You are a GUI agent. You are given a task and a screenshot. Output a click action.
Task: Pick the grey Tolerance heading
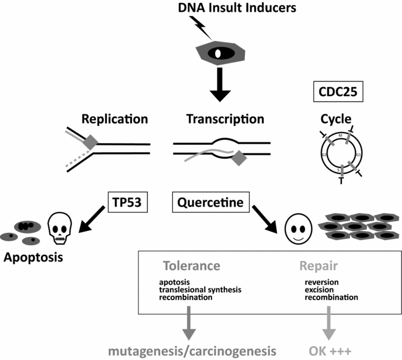pyautogui.click(x=191, y=266)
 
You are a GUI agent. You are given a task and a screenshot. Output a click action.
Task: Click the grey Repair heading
pyautogui.click(x=320, y=266)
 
